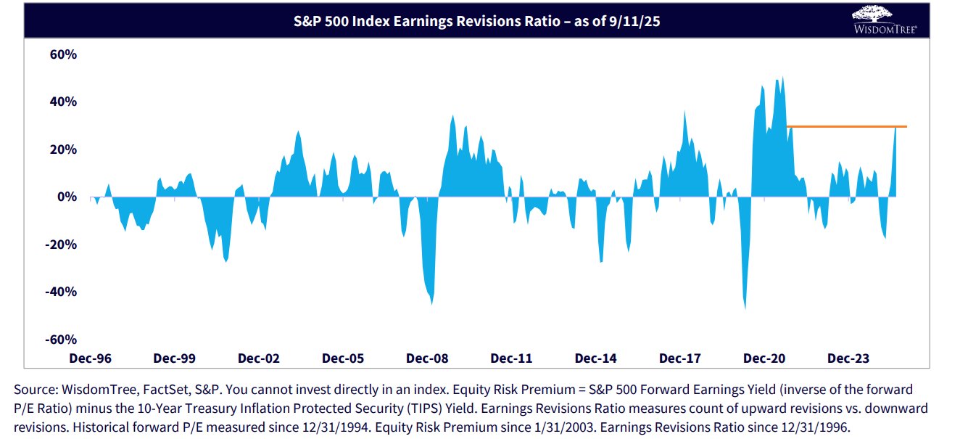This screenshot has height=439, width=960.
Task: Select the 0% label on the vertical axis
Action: (67, 197)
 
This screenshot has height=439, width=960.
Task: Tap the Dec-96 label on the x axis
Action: (90, 358)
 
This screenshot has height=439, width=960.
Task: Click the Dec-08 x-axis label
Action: (427, 358)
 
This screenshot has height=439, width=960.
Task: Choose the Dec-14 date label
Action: (596, 358)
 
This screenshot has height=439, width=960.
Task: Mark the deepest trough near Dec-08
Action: (432, 303)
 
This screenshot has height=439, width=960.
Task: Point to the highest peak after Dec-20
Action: (782, 78)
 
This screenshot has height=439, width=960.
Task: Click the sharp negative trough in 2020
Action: (745, 308)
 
